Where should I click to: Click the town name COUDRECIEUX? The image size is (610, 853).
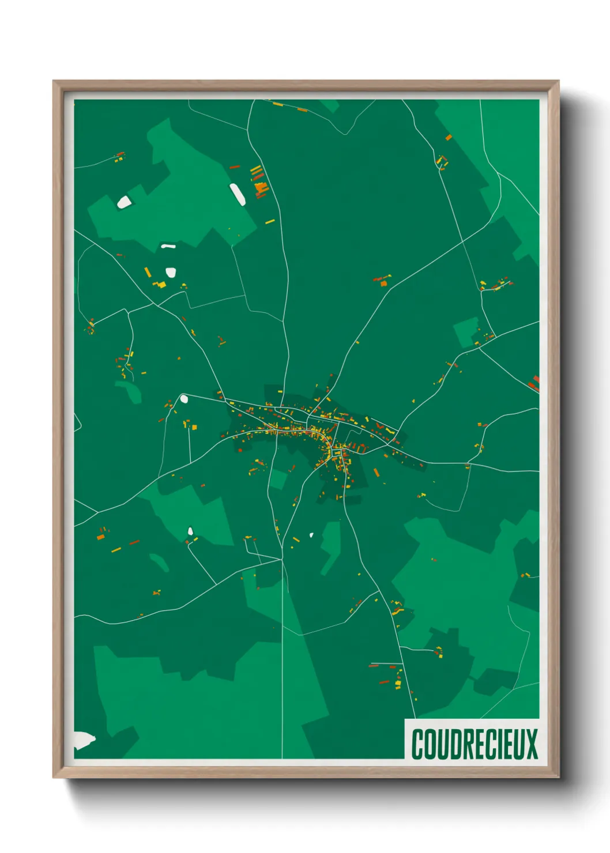pos(474,743)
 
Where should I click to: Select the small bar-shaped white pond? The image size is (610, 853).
pos(168,247)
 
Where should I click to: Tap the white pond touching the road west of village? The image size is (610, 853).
pos(184,398)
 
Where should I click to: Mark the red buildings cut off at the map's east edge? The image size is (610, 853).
pos(535,383)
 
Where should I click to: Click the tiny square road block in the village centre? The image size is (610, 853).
pos(337,453)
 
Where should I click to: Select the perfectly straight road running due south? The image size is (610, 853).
pos(282,663)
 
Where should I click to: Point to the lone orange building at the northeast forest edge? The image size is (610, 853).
pos(448,137)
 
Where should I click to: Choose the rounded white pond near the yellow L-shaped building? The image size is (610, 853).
pos(170,272)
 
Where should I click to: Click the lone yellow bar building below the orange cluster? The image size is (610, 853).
pos(269,221)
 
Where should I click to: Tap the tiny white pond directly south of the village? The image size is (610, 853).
pos(311,535)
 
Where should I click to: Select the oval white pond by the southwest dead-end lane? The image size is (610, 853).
pos(190,531)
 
